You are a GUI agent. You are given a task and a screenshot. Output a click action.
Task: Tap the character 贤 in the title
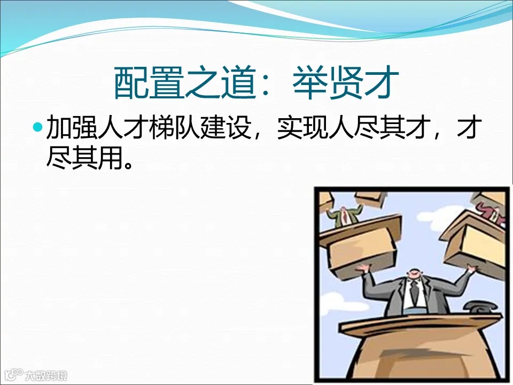pos(347,83)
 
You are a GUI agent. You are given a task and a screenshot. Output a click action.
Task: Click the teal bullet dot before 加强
pos(37,128)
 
